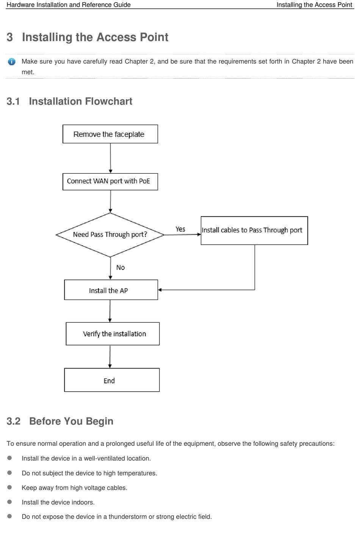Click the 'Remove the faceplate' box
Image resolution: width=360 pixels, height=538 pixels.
pyautogui.click(x=110, y=134)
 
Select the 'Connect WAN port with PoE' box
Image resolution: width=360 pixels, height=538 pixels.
pyautogui.click(x=110, y=182)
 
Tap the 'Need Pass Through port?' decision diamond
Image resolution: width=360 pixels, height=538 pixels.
pyautogui.click(x=110, y=235)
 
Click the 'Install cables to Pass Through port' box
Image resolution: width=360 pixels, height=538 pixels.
pyautogui.click(x=254, y=231)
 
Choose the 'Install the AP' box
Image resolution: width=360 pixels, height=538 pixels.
pyautogui.click(x=111, y=290)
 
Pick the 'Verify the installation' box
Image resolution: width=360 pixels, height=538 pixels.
pyautogui.click(x=113, y=334)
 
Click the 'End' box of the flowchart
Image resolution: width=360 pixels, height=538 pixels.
pyautogui.click(x=111, y=380)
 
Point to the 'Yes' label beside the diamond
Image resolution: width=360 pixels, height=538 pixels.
pyautogui.click(x=180, y=229)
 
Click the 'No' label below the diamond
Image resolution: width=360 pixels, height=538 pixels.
pyautogui.click(x=121, y=267)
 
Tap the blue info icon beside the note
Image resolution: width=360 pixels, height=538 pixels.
pyautogui.click(x=11, y=62)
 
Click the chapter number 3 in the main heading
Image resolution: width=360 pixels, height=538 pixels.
pyautogui.click(x=9, y=37)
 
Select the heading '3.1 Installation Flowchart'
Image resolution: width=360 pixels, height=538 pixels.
pyautogui.click(x=69, y=101)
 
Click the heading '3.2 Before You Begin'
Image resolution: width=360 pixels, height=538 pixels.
pyautogui.click(x=60, y=421)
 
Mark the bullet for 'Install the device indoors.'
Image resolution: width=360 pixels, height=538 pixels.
pyautogui.click(x=9, y=502)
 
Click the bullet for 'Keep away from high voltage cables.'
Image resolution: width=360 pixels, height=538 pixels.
pyautogui.click(x=9, y=487)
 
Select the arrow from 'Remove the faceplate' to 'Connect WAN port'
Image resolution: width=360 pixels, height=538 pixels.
pyautogui.click(x=110, y=158)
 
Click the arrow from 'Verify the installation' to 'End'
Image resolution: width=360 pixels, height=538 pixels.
pyautogui.click(x=110, y=357)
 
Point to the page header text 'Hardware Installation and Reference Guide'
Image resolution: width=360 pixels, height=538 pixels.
pyautogui.click(x=69, y=5)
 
